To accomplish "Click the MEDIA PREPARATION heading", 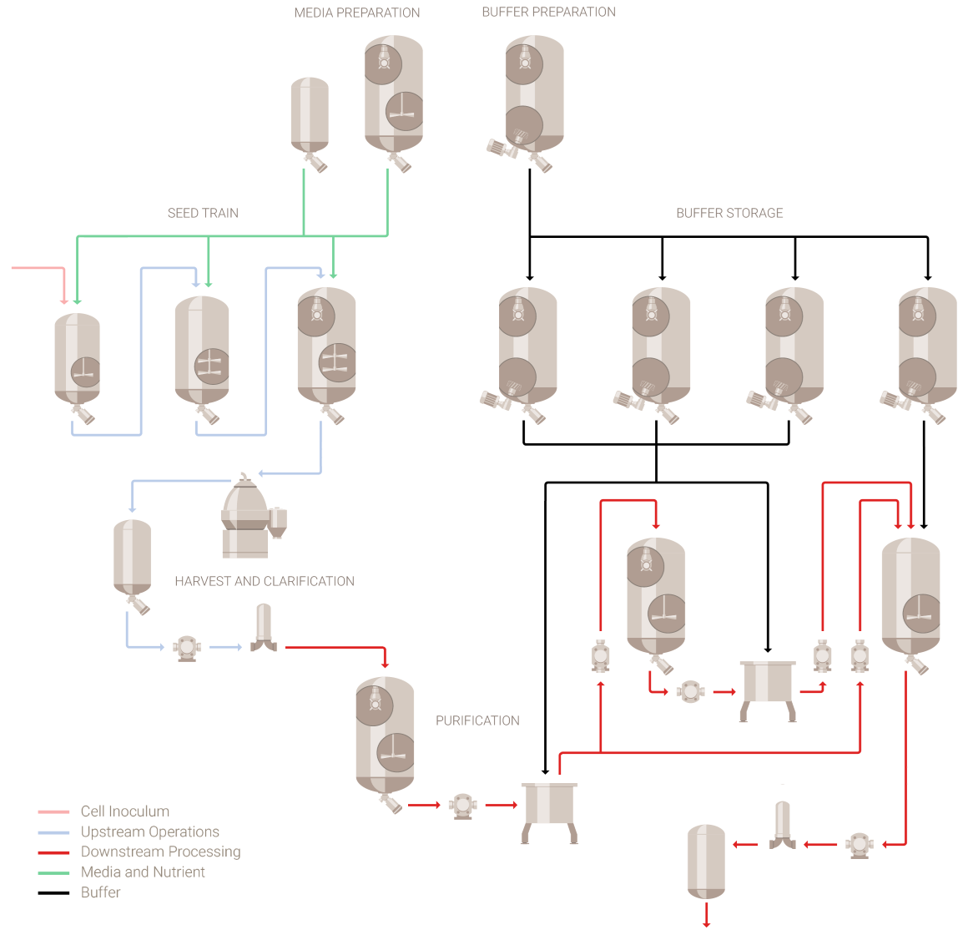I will [357, 13].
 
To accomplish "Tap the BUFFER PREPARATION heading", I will [549, 12].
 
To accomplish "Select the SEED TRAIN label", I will [203, 213].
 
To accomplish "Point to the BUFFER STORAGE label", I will [729, 213].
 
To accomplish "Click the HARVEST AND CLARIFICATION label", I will [265, 581].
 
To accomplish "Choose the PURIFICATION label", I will [477, 720].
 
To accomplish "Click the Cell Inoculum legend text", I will [125, 811].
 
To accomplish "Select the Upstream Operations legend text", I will [150, 831].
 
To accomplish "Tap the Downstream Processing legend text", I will [161, 852].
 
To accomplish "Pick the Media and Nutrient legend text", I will [143, 872].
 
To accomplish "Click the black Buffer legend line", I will [53, 892].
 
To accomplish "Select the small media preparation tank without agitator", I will [310, 117].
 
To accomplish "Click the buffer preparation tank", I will [534, 96].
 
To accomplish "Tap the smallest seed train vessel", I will [78, 359].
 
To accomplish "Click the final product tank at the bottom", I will [706, 860].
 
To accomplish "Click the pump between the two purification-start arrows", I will [462, 806].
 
